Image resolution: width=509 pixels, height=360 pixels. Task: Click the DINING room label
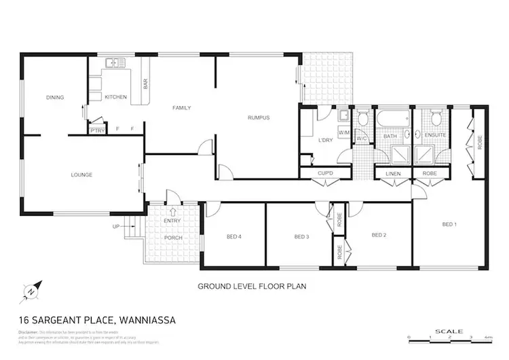pyautogui.click(x=55, y=97)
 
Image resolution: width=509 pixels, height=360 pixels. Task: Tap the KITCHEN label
pyautogui.click(x=115, y=97)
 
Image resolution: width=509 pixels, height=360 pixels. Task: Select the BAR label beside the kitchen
pyautogui.click(x=145, y=84)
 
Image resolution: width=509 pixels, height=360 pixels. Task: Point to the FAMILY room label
pyautogui.click(x=181, y=108)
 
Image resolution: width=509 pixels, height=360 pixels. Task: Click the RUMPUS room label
pyautogui.click(x=259, y=118)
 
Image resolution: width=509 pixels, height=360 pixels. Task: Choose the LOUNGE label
pyautogui.click(x=81, y=175)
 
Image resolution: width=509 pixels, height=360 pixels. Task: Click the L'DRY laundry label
pyautogui.click(x=324, y=141)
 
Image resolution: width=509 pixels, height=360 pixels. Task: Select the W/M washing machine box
pyautogui.click(x=343, y=132)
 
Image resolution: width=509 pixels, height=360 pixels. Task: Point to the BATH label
pyautogui.click(x=390, y=137)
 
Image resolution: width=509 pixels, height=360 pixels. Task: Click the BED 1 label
pyautogui.click(x=449, y=224)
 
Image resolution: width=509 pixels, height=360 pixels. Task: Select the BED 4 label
pyautogui.click(x=234, y=236)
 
